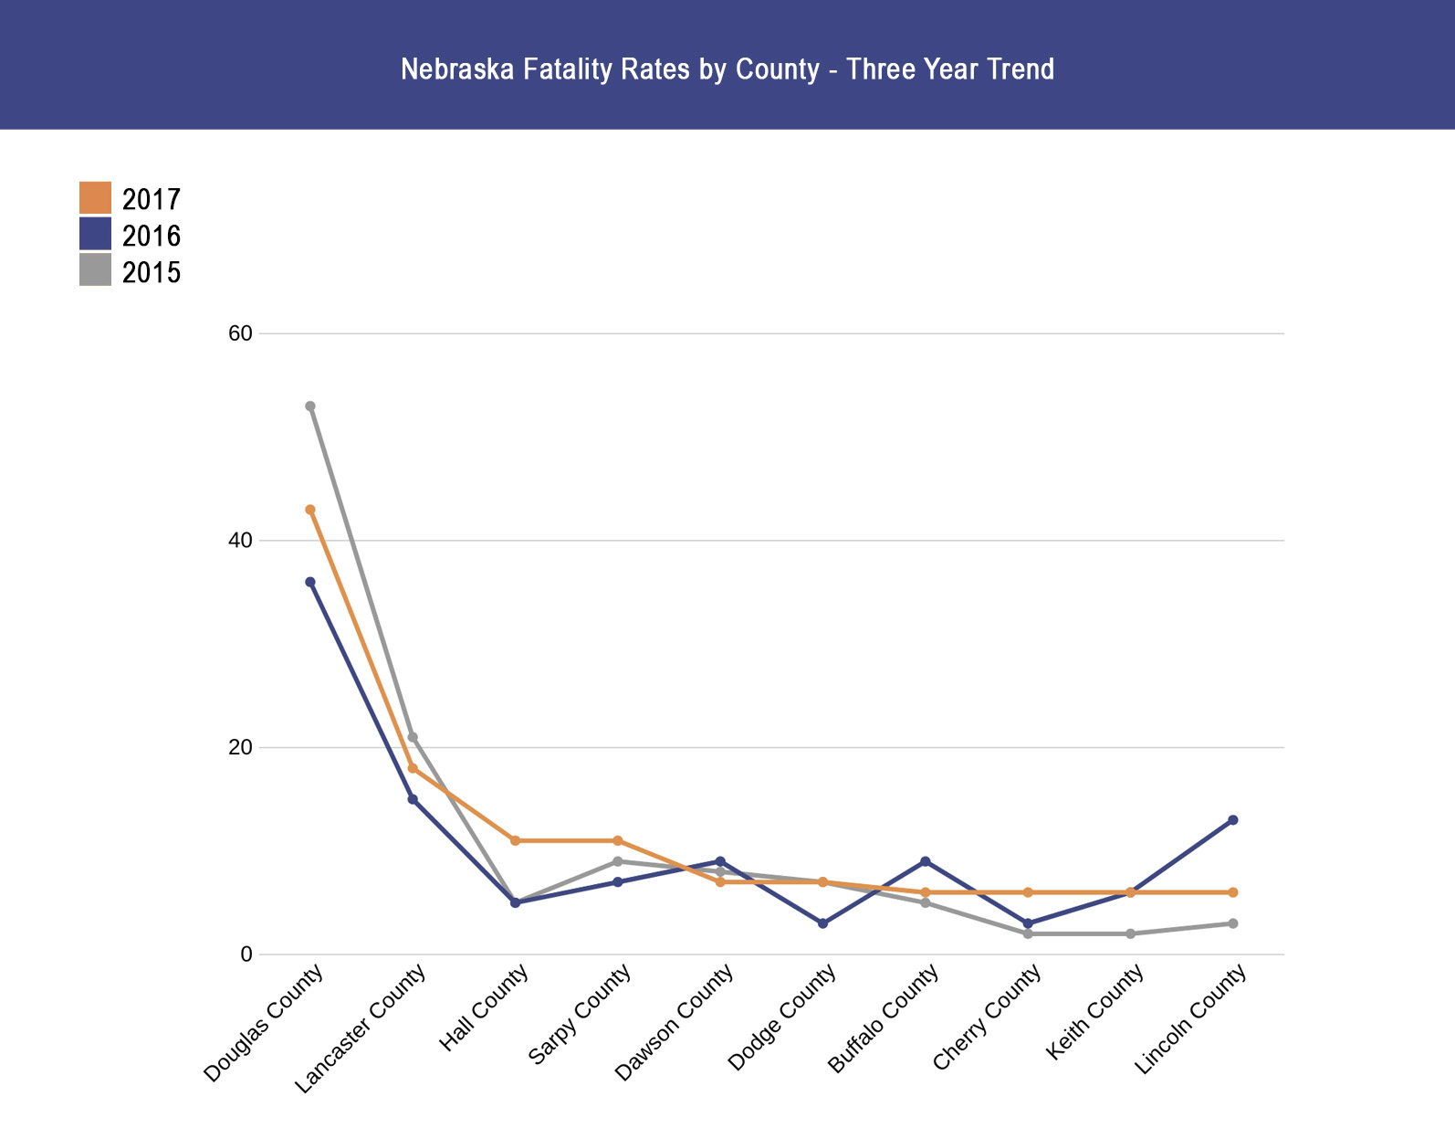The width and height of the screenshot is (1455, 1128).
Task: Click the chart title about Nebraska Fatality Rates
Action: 727,69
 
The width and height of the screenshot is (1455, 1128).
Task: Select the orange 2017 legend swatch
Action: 95,198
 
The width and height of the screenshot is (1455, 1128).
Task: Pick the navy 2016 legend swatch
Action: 95,234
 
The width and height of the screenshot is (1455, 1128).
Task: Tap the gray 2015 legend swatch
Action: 95,270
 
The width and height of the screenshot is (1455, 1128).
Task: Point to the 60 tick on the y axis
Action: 240,333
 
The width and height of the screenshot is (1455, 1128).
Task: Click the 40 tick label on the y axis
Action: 240,541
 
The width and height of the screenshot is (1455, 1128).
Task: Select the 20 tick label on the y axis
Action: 240,747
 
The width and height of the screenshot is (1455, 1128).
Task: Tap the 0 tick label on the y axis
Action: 246,954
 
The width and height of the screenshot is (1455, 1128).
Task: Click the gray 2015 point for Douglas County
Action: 310,406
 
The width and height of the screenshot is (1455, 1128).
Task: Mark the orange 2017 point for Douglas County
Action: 310,510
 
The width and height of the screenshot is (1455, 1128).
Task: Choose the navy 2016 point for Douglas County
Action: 310,582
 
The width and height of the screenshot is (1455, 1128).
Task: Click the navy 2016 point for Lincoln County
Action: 1233,820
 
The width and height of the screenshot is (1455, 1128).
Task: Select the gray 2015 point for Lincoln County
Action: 1233,923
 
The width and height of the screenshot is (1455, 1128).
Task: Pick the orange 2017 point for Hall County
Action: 516,840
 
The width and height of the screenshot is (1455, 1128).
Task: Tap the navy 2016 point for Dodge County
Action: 823,923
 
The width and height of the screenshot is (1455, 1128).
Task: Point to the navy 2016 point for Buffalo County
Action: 926,861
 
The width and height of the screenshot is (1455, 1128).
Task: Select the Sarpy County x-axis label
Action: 580,1016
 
